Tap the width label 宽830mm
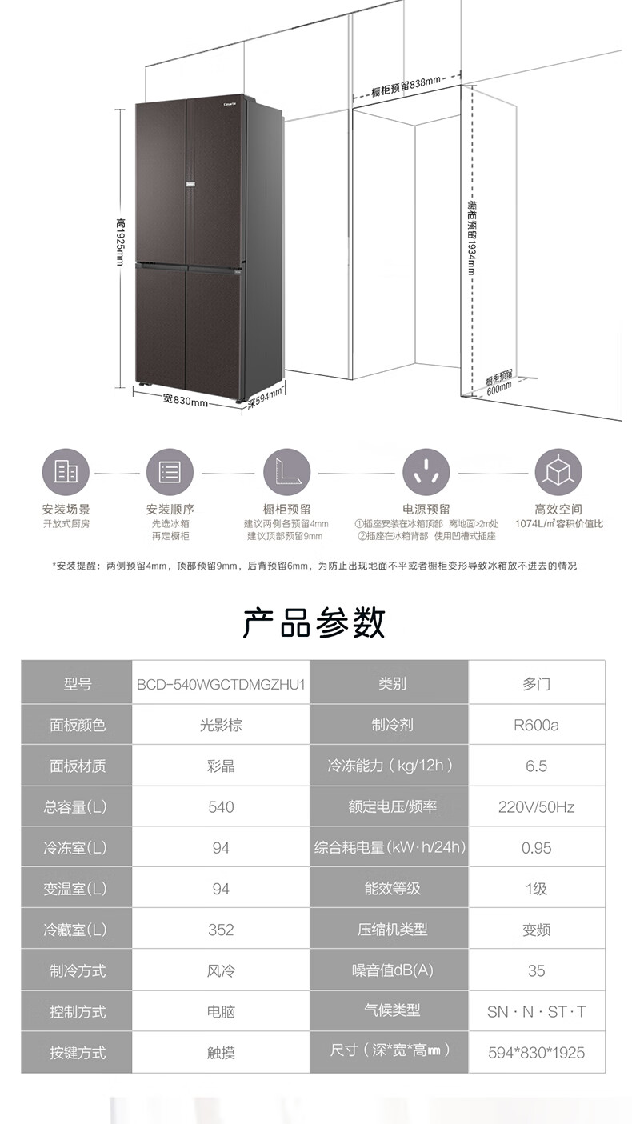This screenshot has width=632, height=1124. [185, 399]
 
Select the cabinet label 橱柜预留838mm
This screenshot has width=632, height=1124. [406, 84]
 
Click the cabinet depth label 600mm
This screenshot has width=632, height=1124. [498, 383]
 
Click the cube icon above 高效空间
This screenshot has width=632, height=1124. [558, 472]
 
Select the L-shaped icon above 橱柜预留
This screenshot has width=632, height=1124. [286, 472]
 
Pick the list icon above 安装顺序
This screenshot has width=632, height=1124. [170, 472]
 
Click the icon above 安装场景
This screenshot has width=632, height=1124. [66, 472]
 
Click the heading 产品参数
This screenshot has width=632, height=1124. [314, 622]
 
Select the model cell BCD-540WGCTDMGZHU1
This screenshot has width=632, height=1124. [221, 684]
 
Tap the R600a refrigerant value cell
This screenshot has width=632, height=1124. [536, 726]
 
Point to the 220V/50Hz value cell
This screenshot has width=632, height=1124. [536, 807]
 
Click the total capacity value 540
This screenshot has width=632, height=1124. [221, 807]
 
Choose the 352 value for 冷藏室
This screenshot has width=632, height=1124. [221, 930]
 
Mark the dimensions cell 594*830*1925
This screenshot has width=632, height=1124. [536, 1052]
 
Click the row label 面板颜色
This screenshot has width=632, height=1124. [78, 726]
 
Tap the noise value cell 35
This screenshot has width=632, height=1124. [536, 970]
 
